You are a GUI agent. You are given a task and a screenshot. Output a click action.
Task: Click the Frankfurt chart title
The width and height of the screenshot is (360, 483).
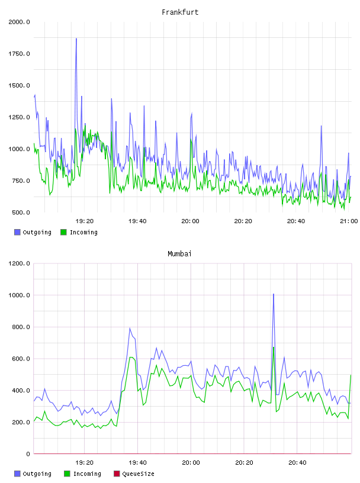coord(180,12)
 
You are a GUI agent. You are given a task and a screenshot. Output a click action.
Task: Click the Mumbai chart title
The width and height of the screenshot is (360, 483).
coord(179,254)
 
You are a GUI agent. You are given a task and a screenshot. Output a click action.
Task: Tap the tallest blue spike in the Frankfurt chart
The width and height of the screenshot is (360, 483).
coord(76,39)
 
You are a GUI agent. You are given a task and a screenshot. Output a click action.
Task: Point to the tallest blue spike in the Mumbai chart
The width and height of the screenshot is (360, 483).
coord(274,295)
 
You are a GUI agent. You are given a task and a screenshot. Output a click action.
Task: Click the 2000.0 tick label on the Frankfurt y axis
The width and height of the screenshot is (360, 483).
coord(19,22)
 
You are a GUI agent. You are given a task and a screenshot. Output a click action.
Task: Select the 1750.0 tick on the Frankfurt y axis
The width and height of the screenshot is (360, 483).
coord(19,54)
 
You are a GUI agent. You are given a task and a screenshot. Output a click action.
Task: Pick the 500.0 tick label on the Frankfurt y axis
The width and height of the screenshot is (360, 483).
coord(21,212)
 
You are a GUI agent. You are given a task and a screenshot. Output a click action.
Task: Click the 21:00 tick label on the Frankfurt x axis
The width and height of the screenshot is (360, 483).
coord(349,221)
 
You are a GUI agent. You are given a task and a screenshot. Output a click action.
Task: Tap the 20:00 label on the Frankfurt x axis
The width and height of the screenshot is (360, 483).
coord(190,221)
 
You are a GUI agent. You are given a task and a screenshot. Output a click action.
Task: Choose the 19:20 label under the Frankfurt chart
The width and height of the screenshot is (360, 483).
coord(85,221)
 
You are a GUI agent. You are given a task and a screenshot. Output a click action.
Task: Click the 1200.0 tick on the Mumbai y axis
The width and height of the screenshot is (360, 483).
coord(19,263)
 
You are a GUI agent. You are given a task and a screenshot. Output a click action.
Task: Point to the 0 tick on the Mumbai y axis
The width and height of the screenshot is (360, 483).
coord(28,454)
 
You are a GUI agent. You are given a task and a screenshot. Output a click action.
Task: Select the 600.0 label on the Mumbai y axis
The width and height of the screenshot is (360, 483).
coord(21,359)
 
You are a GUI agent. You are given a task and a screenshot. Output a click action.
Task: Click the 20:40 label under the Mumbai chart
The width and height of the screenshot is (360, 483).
coord(297,463)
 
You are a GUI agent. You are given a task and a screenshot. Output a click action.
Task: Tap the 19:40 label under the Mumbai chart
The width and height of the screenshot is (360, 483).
coord(137,463)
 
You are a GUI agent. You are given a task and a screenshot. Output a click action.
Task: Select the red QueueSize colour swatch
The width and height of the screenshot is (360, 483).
coord(117,474)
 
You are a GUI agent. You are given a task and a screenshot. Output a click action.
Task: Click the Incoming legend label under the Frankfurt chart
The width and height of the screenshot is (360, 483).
coord(83,232)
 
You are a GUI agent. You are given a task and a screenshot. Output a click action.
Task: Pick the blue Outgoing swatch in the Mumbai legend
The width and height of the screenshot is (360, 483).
coord(17,474)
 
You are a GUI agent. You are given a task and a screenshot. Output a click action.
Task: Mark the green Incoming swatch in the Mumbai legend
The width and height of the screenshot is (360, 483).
coord(67,474)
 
